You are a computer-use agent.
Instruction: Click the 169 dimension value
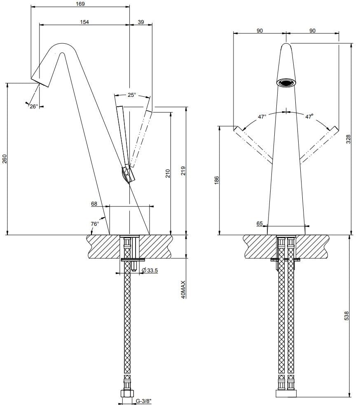[x=80, y=4]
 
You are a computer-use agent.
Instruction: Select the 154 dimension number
[x=84, y=21]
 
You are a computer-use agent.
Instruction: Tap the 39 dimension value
[x=141, y=21]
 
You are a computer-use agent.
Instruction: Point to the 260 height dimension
[x=5, y=159]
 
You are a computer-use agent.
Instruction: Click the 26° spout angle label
[x=33, y=106]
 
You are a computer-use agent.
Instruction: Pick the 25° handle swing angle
[x=131, y=95]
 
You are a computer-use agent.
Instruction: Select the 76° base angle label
[x=95, y=224]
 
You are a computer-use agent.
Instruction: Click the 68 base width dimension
[x=94, y=204]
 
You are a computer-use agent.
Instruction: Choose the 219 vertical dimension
[x=183, y=171]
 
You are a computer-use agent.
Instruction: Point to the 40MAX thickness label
[x=183, y=290]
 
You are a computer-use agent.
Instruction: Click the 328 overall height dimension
[x=348, y=139]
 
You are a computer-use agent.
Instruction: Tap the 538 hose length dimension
[x=346, y=316]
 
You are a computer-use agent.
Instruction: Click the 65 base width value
[x=259, y=224]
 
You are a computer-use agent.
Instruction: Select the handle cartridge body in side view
[x=127, y=175]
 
